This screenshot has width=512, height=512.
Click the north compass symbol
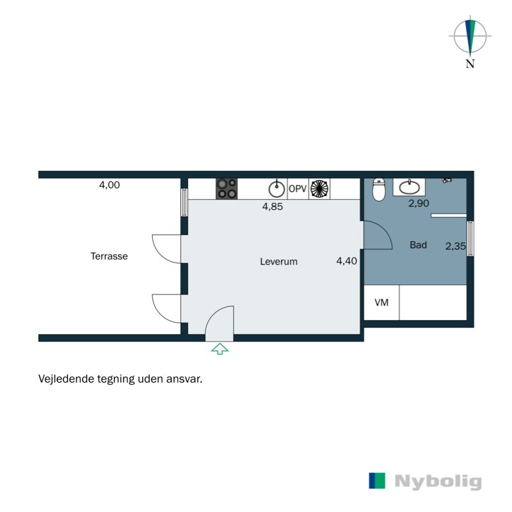470,36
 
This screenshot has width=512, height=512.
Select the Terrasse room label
109,256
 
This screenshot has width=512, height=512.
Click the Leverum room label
278,262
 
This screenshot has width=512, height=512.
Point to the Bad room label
418,245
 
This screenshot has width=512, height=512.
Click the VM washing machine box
381,303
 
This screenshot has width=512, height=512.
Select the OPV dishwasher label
298,189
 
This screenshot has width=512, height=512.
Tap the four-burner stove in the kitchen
227,188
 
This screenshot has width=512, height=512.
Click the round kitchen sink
276,189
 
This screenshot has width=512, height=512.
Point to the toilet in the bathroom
379,189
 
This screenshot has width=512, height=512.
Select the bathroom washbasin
410,187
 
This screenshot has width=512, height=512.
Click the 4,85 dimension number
272,207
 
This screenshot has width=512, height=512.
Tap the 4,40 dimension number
346,260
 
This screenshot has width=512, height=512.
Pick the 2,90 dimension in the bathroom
419,204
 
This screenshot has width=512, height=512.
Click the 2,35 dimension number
456,245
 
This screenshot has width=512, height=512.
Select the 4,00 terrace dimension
109,185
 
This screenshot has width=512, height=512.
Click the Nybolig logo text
438,482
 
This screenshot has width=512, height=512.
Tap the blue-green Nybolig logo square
378,481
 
